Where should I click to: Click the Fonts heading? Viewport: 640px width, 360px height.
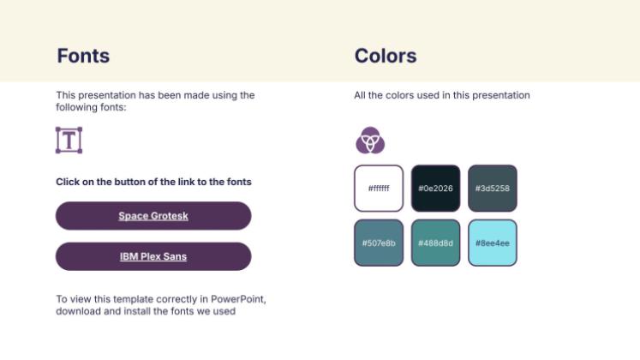coord(83,57)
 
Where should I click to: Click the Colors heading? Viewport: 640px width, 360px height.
coord(386,57)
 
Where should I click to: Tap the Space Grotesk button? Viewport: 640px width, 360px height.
coord(153,216)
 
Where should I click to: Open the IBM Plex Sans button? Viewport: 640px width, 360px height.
coord(153,256)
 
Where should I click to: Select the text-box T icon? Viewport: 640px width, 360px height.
coord(69,140)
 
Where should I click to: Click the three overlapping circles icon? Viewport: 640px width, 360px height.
coord(370,140)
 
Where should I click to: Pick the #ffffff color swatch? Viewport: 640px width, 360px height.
coord(379,188)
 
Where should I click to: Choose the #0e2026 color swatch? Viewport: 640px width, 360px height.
coord(435,188)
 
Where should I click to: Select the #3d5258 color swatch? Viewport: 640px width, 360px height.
coord(493,188)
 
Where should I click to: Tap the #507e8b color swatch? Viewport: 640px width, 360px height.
coord(379,243)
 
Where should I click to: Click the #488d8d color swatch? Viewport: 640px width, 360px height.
coord(435,243)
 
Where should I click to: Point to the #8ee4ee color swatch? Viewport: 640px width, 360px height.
coord(493,243)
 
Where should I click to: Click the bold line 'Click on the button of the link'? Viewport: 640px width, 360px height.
coord(153,182)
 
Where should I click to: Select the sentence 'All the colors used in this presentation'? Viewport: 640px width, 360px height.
coord(442,95)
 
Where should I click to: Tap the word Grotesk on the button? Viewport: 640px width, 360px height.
coord(170,216)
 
